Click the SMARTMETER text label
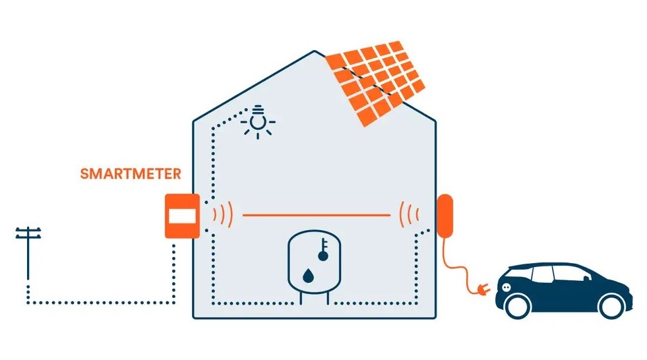coord(130,175)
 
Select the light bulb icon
coord(259,121)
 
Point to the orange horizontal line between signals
coord(316,215)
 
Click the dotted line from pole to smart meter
coord(99,303)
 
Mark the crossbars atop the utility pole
coord(28,233)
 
